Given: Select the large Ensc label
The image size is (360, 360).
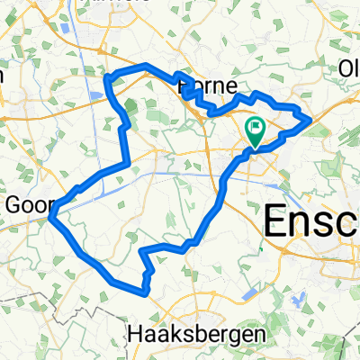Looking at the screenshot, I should [x=310, y=221].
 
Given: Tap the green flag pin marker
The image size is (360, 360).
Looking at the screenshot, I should [x=255, y=133].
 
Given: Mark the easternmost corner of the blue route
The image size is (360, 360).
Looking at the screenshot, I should [x=310, y=118].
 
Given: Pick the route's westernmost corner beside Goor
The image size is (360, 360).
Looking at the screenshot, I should [x=55, y=212].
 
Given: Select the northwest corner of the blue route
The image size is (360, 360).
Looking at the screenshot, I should [x=108, y=77].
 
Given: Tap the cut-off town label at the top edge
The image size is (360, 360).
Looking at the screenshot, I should [x=125, y=4].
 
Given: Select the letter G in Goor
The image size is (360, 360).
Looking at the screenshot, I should [x=13, y=205].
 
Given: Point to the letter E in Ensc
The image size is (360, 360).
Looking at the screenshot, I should [x=274, y=221].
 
